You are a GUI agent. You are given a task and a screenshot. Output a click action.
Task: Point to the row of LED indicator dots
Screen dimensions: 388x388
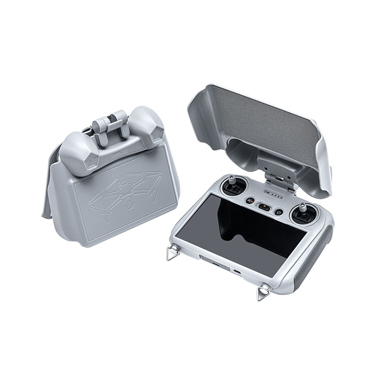274,196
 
